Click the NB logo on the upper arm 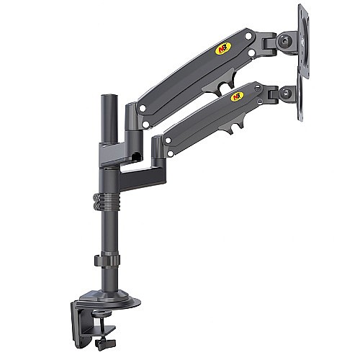coord(223,48)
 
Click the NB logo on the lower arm coord(237,96)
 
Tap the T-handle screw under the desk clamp coord(105,341)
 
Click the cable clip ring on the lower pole coord(107,260)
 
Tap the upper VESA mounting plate coord(304,41)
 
